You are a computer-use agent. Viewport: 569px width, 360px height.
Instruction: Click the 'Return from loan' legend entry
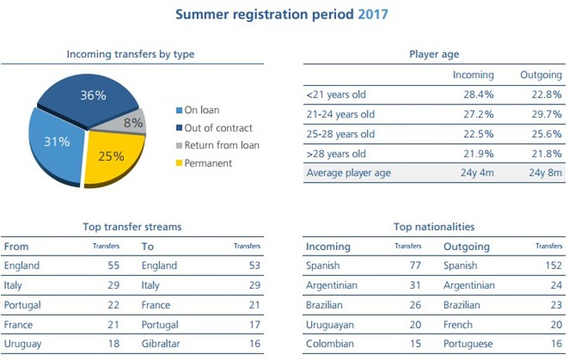click(221, 145)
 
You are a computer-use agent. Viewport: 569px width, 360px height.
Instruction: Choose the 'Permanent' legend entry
click(209, 163)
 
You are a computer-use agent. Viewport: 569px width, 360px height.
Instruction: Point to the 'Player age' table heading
click(434, 54)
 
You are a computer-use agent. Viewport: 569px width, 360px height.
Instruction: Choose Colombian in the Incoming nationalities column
click(331, 344)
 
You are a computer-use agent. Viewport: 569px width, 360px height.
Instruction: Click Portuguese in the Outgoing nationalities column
click(470, 344)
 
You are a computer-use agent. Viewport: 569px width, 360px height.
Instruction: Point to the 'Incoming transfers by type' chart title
click(130, 54)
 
